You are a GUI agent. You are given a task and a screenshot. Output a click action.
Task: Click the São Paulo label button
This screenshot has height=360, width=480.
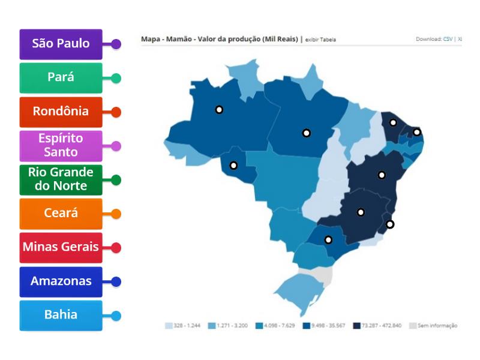[x=61, y=44]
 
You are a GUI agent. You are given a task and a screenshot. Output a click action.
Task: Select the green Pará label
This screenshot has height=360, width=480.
[x=61, y=77]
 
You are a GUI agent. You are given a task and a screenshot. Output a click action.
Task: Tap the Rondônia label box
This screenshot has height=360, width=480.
[x=61, y=112]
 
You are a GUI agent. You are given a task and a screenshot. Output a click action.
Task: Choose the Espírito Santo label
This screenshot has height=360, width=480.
[x=61, y=145]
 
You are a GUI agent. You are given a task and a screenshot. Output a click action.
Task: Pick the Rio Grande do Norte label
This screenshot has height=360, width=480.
[x=61, y=179]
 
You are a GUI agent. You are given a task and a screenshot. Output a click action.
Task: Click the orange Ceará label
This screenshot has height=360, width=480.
[x=61, y=213]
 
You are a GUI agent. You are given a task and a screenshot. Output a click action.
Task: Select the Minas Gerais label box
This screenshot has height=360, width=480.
[x=61, y=247]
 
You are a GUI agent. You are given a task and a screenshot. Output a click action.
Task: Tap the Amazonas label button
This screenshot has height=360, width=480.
[x=61, y=281]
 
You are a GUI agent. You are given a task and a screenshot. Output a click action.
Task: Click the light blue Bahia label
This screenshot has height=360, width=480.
[x=61, y=315]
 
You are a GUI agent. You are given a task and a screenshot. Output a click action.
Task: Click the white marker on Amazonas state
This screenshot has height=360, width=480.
[x=220, y=110]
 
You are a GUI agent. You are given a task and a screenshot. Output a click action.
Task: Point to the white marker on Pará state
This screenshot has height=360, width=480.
[x=306, y=133]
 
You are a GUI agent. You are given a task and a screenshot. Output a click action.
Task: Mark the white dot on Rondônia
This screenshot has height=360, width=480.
[x=233, y=165]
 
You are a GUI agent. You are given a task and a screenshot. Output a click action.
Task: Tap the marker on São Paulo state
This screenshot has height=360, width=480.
[x=328, y=240]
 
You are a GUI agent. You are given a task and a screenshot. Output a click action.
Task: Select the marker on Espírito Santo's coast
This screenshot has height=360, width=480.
[x=390, y=224]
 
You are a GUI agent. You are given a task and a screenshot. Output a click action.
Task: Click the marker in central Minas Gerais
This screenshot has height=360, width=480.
[x=361, y=212]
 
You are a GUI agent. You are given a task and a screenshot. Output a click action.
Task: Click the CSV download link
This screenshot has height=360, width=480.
[x=448, y=39]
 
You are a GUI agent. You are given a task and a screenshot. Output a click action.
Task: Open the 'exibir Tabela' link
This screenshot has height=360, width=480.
[x=320, y=40]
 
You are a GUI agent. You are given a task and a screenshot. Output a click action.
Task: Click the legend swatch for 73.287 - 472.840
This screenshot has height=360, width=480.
[x=356, y=326]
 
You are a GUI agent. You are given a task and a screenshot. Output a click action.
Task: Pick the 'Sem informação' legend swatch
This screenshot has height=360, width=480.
[x=412, y=326]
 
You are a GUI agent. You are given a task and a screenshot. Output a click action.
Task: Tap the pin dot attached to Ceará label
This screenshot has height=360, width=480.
[x=116, y=214]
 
